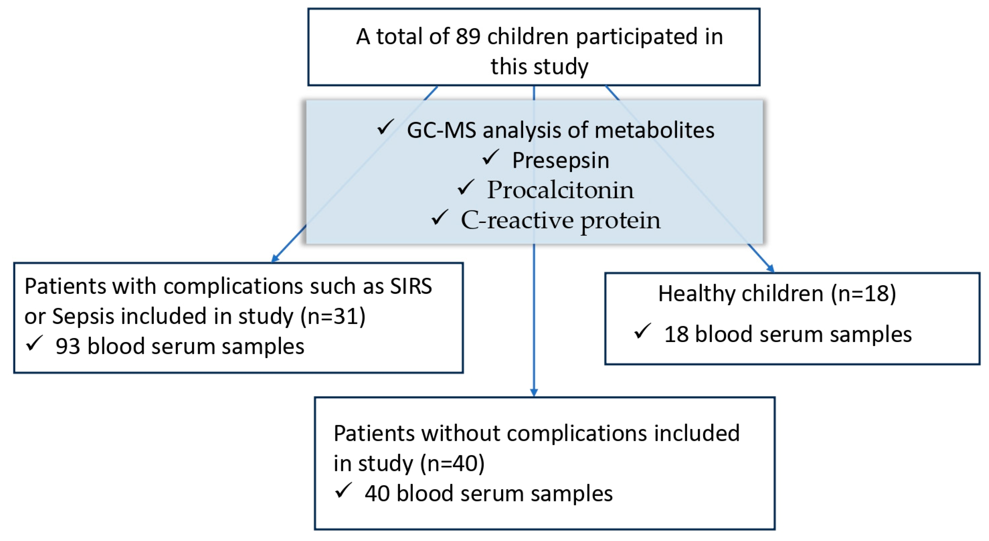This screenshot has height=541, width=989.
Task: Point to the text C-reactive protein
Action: click(561, 220)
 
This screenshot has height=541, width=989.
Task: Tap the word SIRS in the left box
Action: click(411, 286)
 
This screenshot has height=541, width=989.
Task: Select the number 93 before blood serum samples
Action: click(68, 346)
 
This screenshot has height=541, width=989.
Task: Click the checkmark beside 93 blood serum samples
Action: click(34, 344)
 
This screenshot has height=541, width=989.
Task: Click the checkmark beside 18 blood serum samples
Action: click(642, 331)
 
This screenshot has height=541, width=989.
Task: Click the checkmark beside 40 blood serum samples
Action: click(343, 490)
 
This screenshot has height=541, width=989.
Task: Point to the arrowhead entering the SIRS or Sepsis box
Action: click(275, 259)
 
